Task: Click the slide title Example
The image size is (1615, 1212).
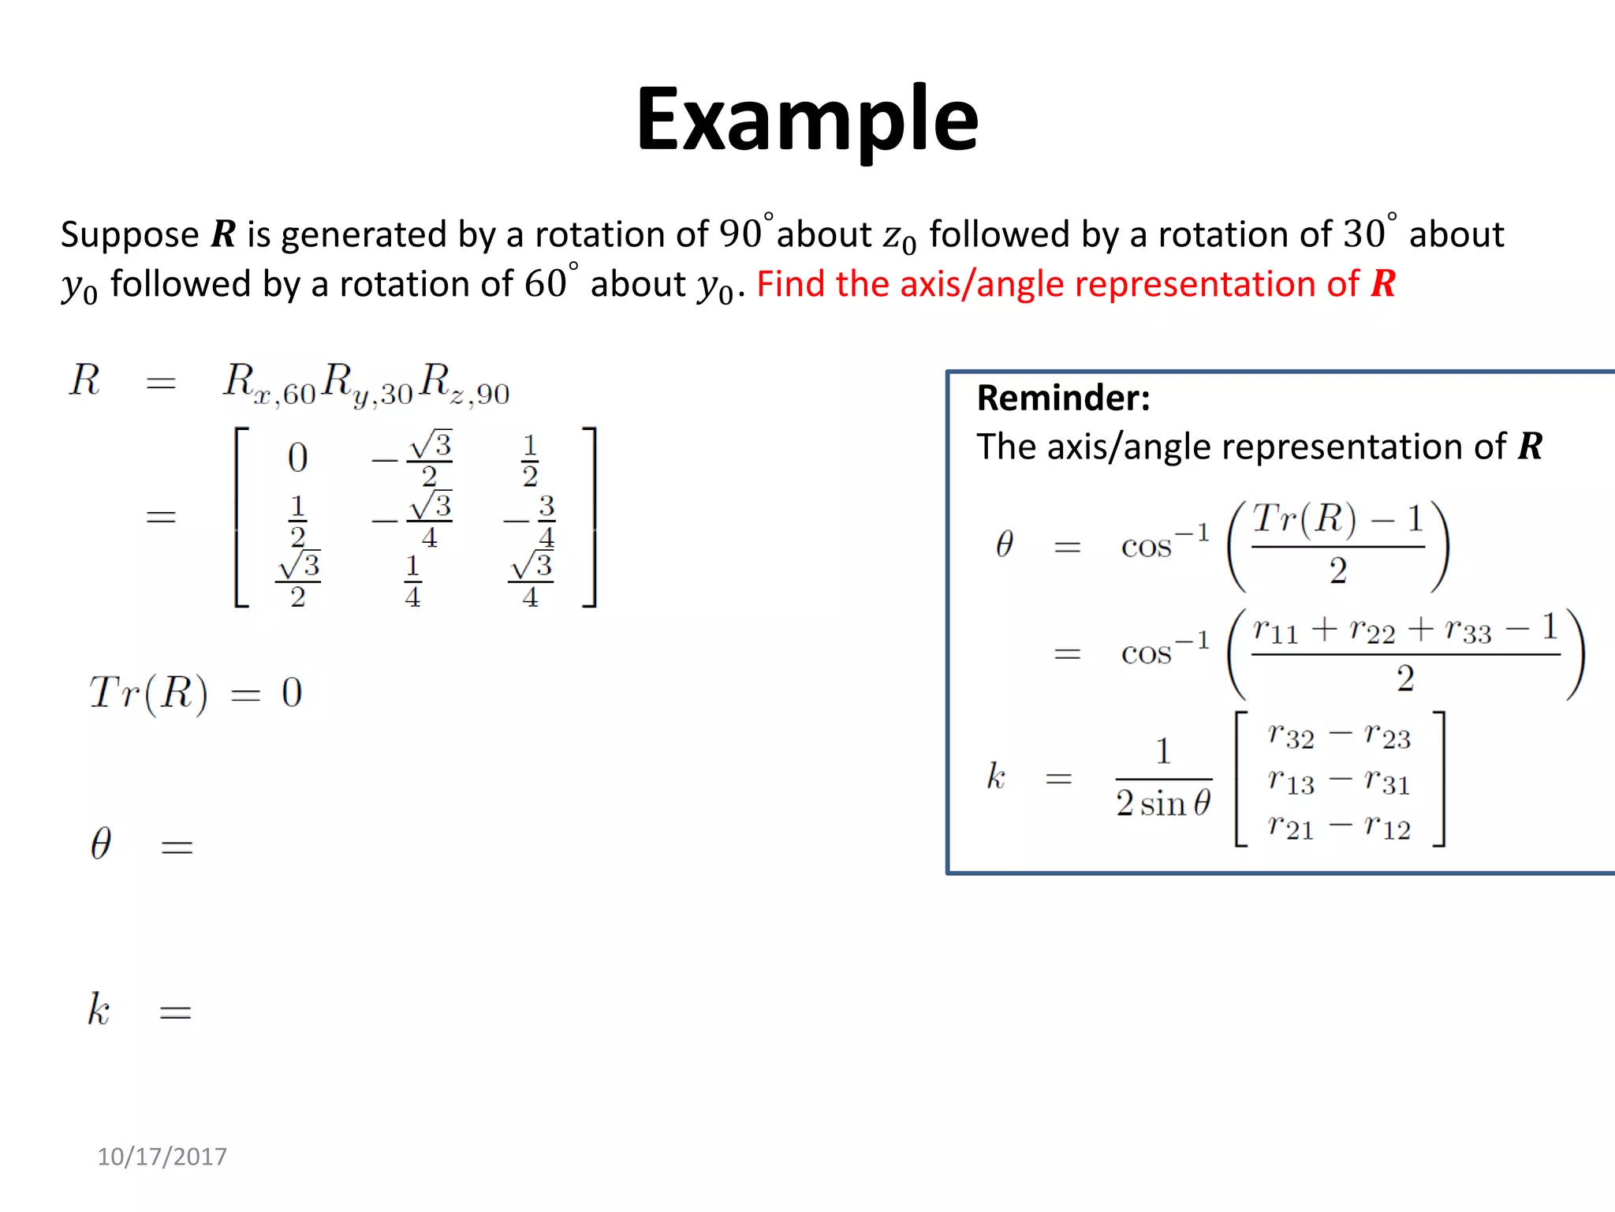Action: (807, 120)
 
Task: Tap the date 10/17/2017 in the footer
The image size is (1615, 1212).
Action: (162, 1156)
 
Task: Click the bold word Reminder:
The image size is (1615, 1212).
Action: (1063, 398)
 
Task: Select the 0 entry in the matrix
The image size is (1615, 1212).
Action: (297, 458)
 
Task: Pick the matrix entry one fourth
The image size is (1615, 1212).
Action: (412, 581)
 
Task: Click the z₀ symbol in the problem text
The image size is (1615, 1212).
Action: (899, 236)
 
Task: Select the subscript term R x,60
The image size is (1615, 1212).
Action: (269, 383)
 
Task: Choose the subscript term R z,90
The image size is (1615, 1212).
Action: (464, 383)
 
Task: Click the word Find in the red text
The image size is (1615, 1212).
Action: (791, 283)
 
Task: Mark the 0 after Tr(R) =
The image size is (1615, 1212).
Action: (292, 693)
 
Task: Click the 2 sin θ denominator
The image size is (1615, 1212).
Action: (1162, 804)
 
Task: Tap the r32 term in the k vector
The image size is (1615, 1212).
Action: (1291, 735)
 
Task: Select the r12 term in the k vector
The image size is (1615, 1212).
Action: (1387, 826)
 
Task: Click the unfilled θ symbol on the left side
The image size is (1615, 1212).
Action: (101, 844)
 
